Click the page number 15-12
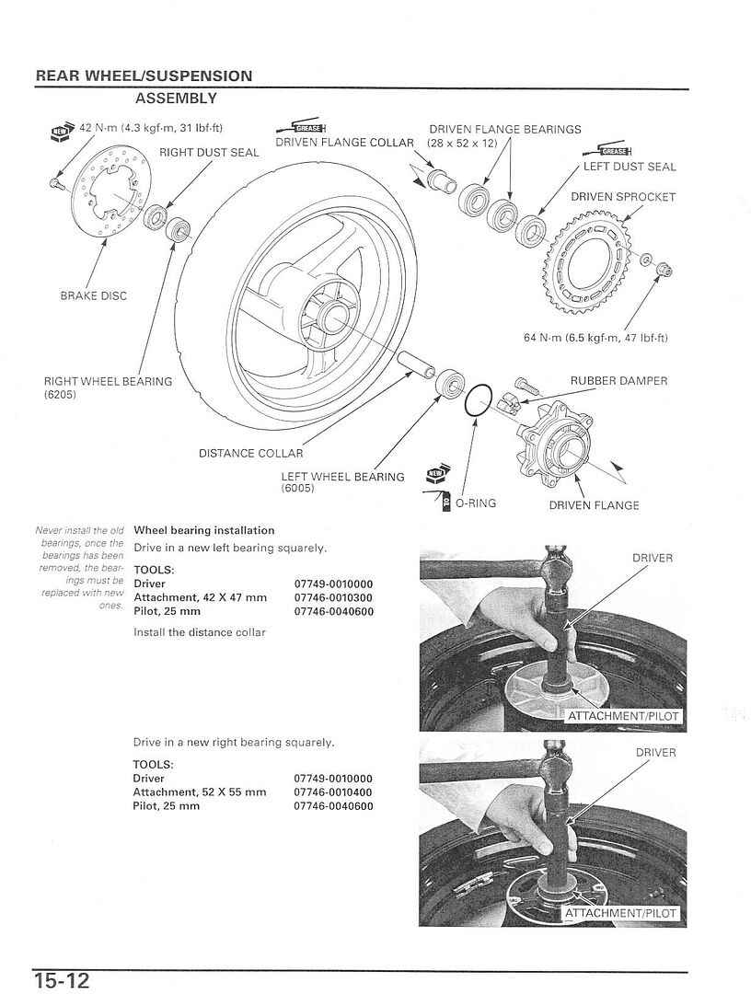click(64, 977)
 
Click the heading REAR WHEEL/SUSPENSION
click(144, 75)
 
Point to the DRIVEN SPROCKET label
click(623, 197)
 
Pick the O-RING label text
click(477, 504)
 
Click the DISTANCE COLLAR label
click(250, 453)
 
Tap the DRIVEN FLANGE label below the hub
click(594, 504)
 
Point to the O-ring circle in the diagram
click(478, 402)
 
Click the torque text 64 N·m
click(595, 338)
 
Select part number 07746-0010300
click(334, 597)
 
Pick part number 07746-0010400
click(334, 792)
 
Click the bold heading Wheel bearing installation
click(204, 530)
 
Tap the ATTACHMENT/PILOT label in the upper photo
click(625, 715)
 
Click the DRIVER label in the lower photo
click(655, 753)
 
